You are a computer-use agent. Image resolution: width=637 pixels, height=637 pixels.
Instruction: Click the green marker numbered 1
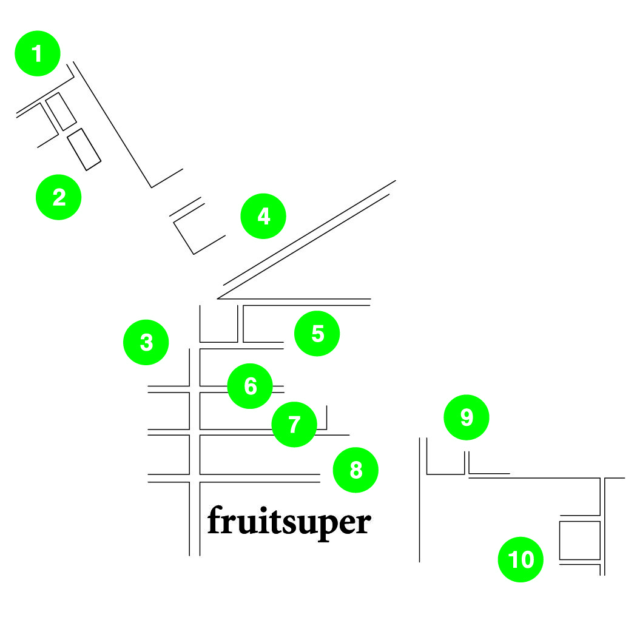click(38, 54)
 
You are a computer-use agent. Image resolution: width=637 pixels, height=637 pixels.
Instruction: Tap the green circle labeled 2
click(59, 197)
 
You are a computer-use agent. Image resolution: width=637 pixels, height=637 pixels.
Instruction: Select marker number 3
click(146, 343)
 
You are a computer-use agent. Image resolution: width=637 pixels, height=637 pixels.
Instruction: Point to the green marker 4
click(263, 217)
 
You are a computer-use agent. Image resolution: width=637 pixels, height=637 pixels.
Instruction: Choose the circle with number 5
click(317, 334)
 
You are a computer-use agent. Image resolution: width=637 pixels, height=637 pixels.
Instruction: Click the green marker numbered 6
click(250, 386)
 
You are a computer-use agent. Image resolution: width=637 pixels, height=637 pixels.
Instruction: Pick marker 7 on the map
click(294, 425)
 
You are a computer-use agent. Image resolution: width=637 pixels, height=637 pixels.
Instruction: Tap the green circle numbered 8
click(356, 470)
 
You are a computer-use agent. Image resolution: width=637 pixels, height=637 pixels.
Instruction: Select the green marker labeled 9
click(466, 417)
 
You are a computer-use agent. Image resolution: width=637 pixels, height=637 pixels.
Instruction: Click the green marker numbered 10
click(521, 560)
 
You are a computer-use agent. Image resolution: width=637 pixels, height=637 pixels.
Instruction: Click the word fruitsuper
click(289, 522)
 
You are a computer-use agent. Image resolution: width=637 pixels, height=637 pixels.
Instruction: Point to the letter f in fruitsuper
click(214, 520)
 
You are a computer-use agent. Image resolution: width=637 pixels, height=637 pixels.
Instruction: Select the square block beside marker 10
click(579, 540)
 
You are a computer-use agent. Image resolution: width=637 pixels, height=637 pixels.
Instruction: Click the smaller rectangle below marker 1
click(61, 112)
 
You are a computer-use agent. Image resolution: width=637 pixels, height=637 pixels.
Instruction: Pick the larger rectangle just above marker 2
click(84, 149)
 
